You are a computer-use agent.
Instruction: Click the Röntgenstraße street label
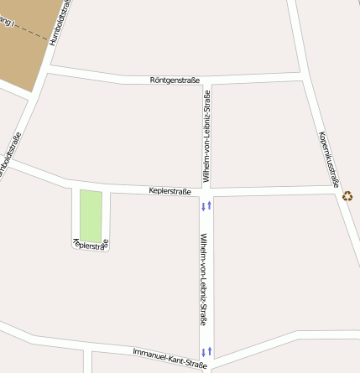click(x=175, y=80)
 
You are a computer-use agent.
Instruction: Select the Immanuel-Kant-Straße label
click(x=170, y=358)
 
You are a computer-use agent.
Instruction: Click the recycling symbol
click(x=347, y=196)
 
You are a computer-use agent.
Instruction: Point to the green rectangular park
click(x=91, y=215)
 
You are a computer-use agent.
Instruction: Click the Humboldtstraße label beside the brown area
click(x=60, y=23)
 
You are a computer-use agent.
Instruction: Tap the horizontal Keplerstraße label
click(x=170, y=191)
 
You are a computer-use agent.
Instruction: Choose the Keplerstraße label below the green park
click(x=90, y=245)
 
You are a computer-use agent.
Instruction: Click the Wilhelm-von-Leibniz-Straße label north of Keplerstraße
click(x=206, y=137)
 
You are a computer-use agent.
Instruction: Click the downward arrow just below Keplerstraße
click(x=202, y=205)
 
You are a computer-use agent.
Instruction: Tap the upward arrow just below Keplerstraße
click(x=210, y=205)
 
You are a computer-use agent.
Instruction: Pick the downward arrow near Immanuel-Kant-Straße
click(x=202, y=351)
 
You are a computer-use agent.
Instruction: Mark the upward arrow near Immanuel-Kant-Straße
click(x=210, y=351)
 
